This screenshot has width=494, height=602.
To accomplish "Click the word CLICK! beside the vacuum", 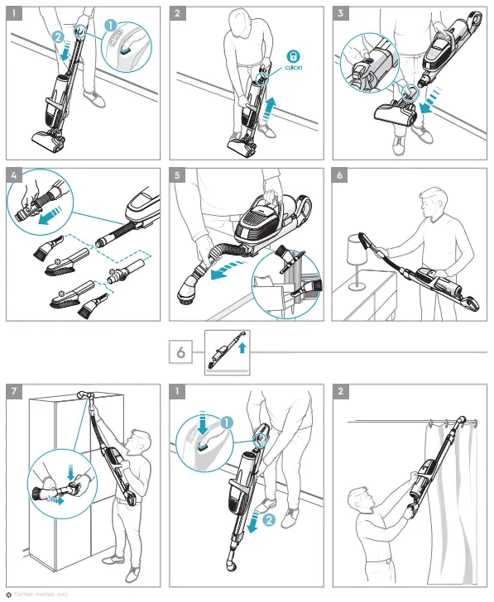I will pos(293,69).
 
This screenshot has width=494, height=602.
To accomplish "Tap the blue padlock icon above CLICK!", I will pos(293,55).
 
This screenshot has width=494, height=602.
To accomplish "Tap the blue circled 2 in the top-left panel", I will pos(57,38).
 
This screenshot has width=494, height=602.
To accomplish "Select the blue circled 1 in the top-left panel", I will pos(110,25).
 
